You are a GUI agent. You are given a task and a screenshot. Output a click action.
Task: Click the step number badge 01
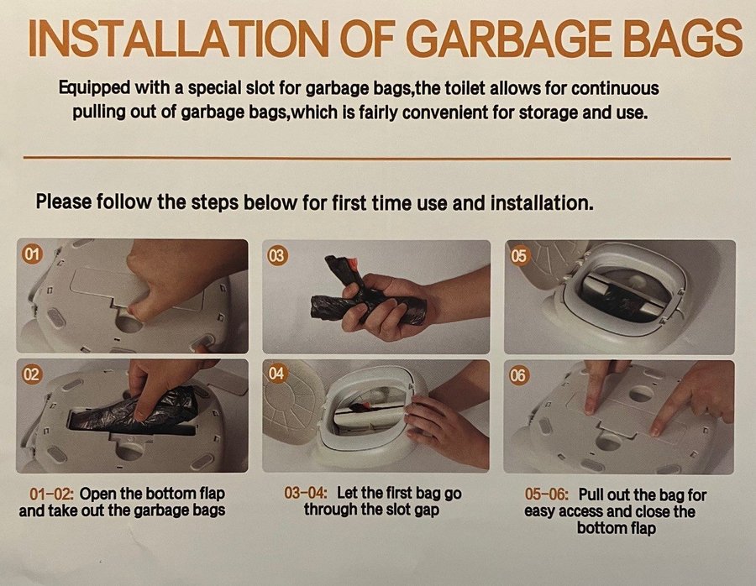pos(32,254)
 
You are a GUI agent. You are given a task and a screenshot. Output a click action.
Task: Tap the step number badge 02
pos(31,374)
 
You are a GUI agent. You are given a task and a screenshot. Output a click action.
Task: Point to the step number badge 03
pos(277,255)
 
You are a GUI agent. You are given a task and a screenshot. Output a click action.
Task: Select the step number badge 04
pos(276,373)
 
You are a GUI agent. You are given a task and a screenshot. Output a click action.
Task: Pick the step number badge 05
pos(519,256)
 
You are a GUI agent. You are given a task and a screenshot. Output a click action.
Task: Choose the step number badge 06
pos(518,375)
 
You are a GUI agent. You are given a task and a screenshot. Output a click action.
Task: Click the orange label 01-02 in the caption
pos(51,494)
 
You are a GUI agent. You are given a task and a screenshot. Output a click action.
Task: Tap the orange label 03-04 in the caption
pos(306,493)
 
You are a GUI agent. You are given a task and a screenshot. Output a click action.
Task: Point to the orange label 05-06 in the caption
pos(547,494)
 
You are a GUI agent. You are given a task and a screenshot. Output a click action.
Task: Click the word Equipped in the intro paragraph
pos(94,89)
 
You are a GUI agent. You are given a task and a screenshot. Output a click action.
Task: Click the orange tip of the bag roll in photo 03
pos(355,264)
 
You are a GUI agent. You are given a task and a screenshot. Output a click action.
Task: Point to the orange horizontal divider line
pos(377,158)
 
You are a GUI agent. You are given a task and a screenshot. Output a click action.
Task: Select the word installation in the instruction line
pos(542,202)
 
